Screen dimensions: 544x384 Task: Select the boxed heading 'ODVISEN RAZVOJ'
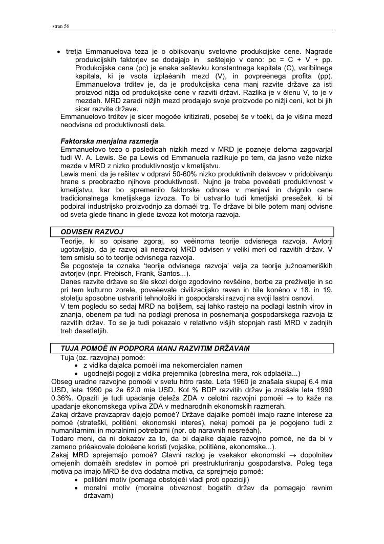point(92,232)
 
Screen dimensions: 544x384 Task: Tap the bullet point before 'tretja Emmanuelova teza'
point(59,52)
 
